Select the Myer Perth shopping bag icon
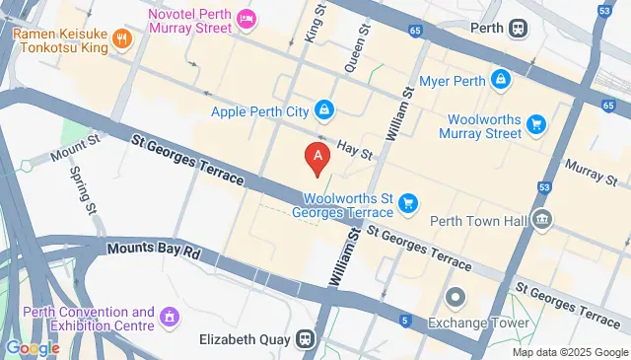point(501,78)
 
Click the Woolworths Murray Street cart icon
point(536,123)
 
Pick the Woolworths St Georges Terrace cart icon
point(409,204)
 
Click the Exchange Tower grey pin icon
point(456,297)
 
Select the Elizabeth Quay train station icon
point(308,338)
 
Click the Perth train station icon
point(518,29)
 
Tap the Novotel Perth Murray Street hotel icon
point(246,18)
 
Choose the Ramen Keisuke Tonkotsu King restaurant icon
point(122,38)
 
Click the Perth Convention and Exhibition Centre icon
point(170,318)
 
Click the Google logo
point(33,347)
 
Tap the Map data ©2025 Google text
point(570,352)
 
